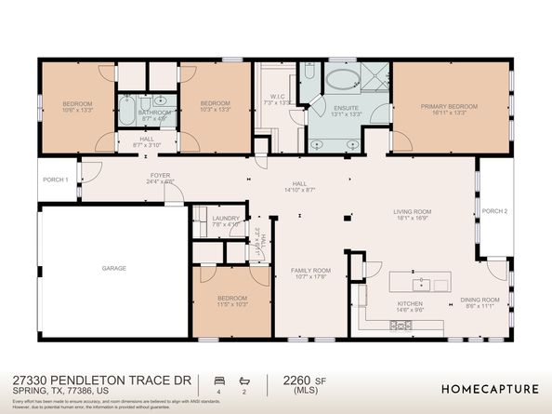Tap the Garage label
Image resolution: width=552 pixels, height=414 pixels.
tap(113, 268)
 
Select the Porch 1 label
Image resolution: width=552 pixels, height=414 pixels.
tap(55, 180)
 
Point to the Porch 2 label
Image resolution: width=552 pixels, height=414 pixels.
tap(494, 211)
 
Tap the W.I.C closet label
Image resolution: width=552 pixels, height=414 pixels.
tap(277, 96)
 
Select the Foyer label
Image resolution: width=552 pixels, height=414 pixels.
tap(161, 175)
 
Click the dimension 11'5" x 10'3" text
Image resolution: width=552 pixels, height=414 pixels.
tap(230, 305)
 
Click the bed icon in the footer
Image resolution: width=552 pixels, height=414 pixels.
tap(220, 380)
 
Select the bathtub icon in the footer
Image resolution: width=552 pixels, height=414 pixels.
tap(245, 380)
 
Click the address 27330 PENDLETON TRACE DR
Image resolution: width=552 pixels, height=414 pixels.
tap(101, 381)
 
